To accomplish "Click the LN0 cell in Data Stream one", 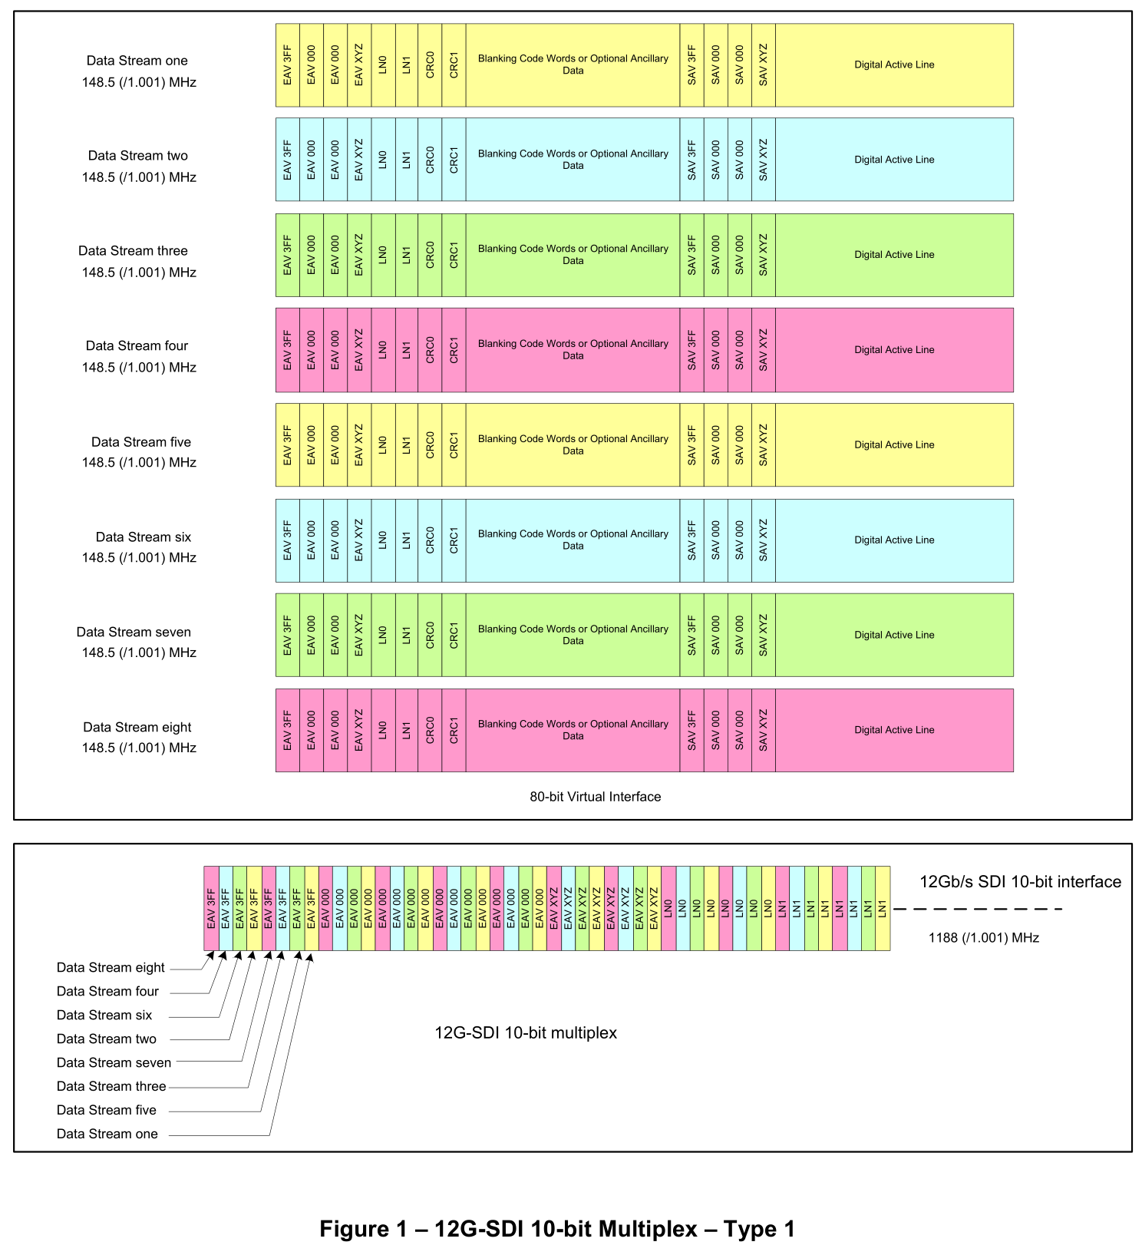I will pos(383,65).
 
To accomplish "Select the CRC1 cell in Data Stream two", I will pos(454,160).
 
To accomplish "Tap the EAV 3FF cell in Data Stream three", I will pos(288,255).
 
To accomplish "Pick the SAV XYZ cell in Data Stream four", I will pos(764,350).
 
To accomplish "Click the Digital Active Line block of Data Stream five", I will pos(894,445).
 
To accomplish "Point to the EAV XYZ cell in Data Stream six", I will pos(359,540).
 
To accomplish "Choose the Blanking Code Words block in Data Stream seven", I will pos(573,635).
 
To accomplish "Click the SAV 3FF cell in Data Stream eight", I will pos(691,730).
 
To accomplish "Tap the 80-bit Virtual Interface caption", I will pos(595,797).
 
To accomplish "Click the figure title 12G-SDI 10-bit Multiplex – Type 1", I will pos(557,1229).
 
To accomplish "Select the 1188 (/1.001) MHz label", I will pos(983,937).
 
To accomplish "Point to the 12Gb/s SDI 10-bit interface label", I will pos(1020,882).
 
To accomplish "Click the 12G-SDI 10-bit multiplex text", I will pos(526,1033).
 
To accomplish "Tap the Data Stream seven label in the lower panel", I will pos(114,1062).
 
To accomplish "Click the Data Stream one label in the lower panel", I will pos(107,1134).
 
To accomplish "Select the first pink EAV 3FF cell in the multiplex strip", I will pos(211,909).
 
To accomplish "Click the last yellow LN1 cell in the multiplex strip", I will pos(883,909).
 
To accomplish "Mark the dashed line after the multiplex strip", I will pos(978,909).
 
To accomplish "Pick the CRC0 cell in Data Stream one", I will pos(430,65).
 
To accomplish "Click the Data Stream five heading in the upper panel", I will pos(141,442).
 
